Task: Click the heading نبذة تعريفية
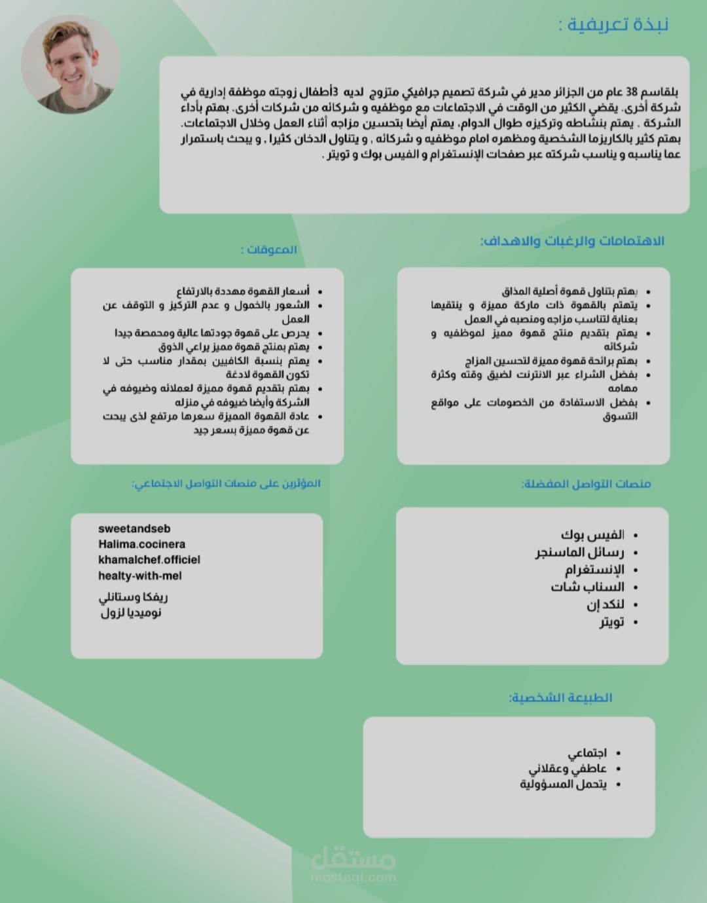pos(613,25)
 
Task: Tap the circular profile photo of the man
pos(71,64)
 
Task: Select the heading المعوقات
pos(269,249)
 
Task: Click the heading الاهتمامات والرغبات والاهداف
pos(572,241)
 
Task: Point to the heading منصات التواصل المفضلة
pos(586,484)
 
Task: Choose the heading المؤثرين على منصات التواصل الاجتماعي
pos(226,484)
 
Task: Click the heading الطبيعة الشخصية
pos(560,697)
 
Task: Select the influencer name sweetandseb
pos(134,528)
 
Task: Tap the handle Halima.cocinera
pos(141,544)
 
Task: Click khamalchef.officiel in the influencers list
pos(149,560)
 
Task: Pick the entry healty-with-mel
pos(140,576)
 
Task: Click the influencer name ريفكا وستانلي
pos(134,597)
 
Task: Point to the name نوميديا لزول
pos(131,613)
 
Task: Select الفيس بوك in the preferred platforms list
pos(592,535)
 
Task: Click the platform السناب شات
pos(587,587)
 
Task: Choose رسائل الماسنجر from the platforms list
pos(579,552)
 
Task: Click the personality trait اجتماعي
pos(587,753)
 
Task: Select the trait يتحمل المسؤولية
pos(563,784)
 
